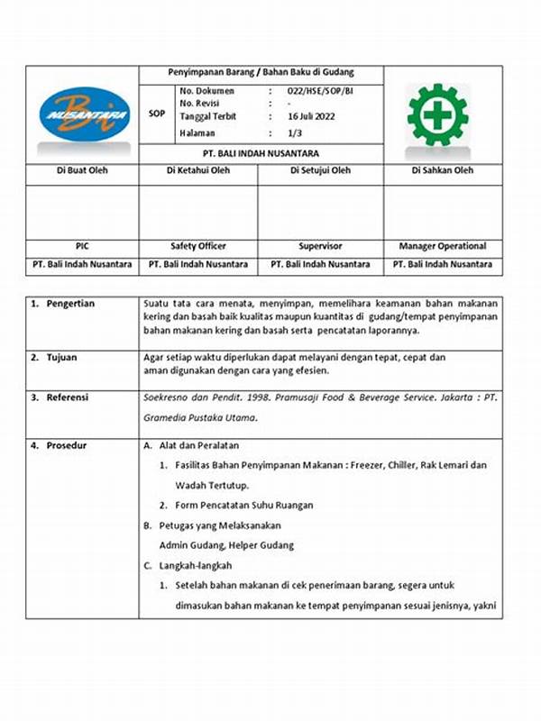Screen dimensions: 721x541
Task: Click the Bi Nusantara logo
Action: click(x=83, y=114)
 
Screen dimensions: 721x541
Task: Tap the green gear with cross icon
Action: click(x=437, y=114)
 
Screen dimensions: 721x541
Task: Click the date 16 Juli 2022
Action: click(x=310, y=117)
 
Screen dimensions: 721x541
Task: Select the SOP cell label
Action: click(x=156, y=114)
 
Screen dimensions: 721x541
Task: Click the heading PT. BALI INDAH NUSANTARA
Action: click(x=261, y=153)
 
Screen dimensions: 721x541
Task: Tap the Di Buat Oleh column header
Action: click(x=83, y=169)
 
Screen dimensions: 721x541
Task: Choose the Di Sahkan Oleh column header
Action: click(x=443, y=169)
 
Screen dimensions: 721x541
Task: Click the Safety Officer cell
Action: click(x=198, y=246)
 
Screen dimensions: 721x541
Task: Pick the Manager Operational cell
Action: click(x=443, y=246)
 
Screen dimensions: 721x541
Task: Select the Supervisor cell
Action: click(x=320, y=246)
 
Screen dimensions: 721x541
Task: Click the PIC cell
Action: click(x=83, y=246)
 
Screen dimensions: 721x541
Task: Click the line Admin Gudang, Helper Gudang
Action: click(x=226, y=545)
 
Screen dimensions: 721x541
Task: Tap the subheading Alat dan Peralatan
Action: click(x=203, y=446)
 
